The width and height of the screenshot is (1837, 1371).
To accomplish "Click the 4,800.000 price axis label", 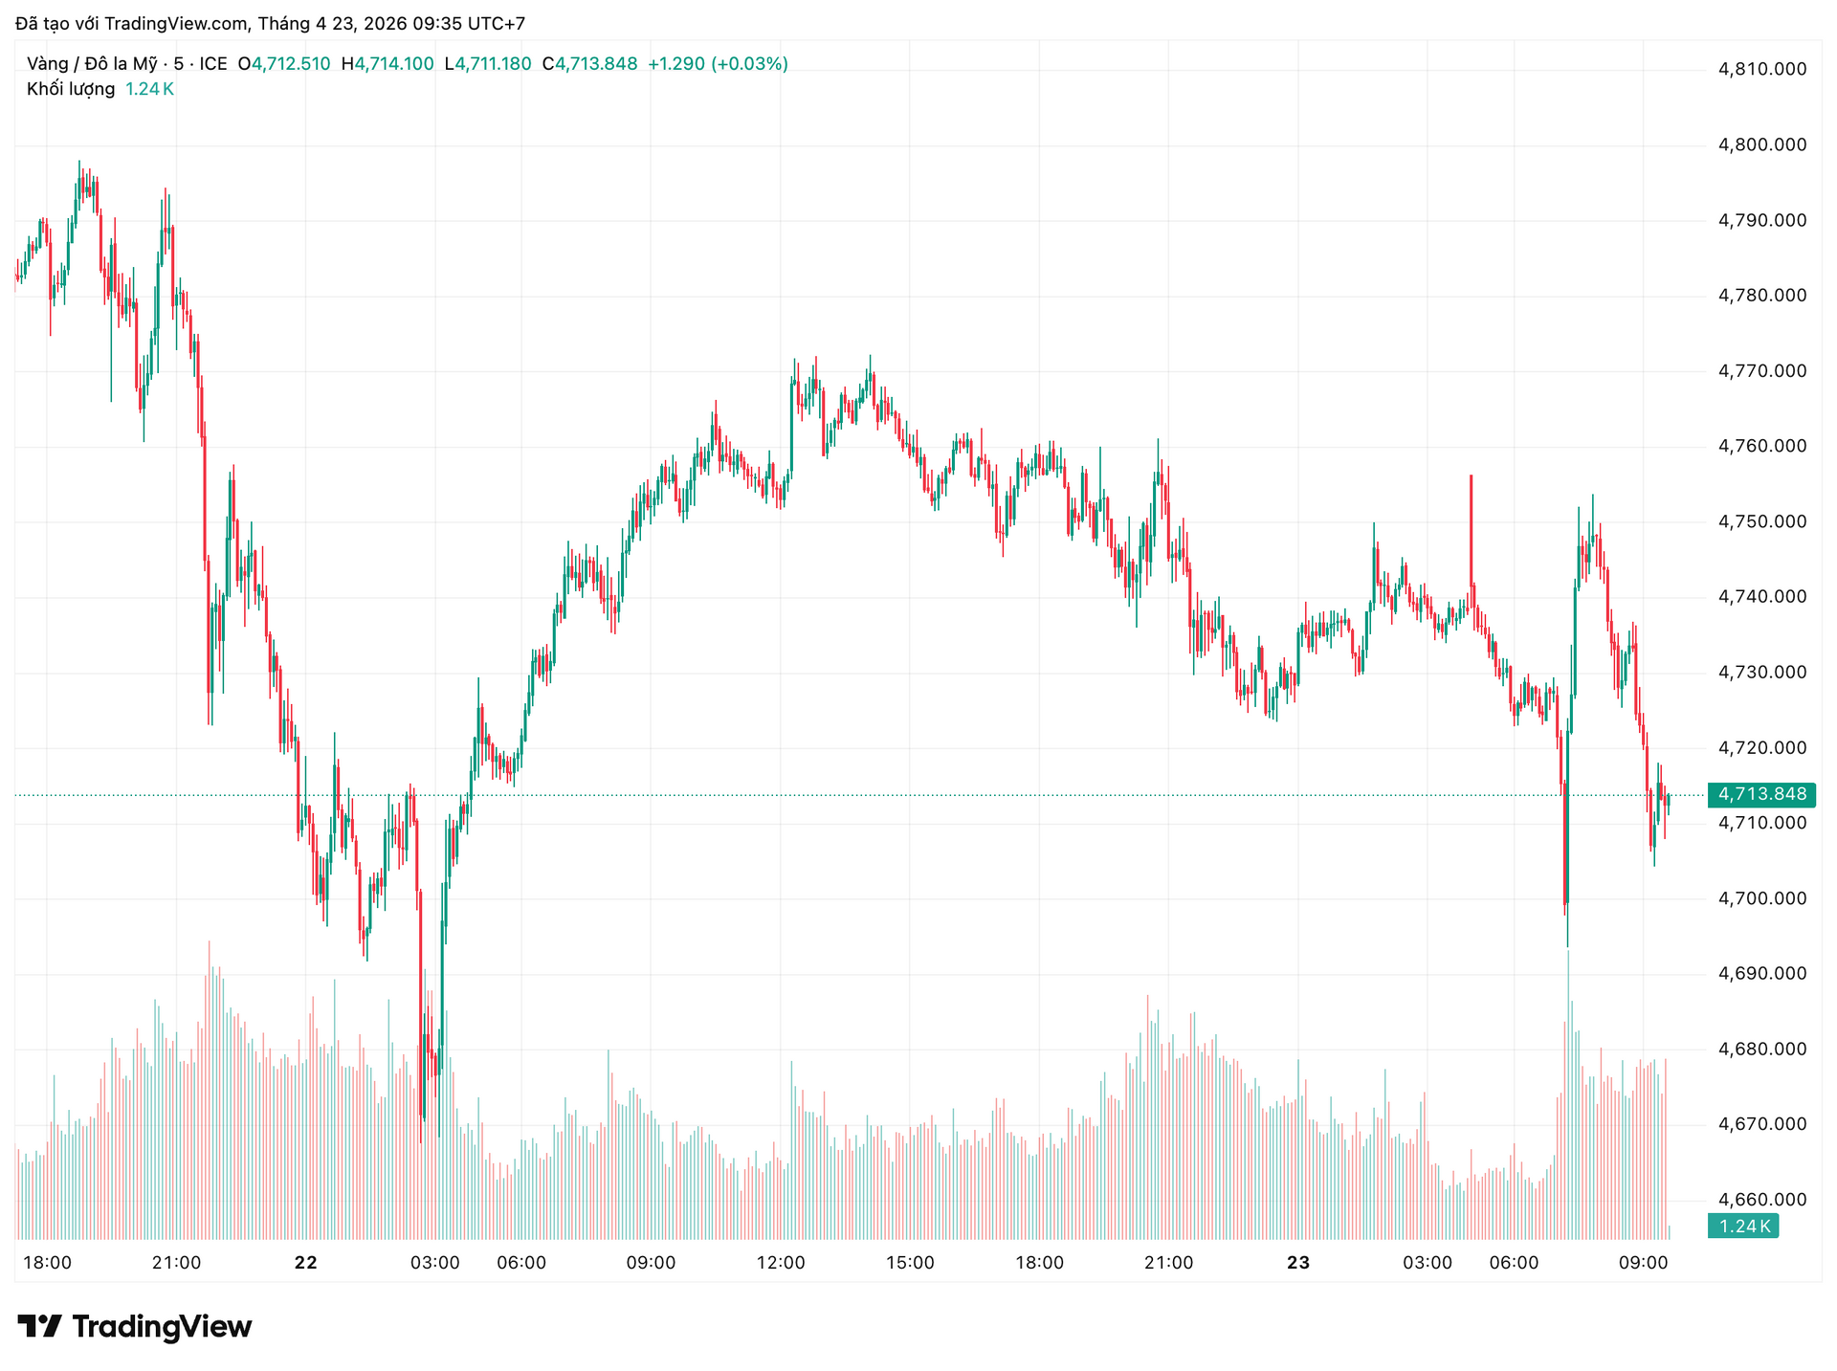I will (1761, 145).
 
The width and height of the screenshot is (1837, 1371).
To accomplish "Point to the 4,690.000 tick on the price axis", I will (1761, 974).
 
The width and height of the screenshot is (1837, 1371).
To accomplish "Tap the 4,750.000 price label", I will (1761, 522).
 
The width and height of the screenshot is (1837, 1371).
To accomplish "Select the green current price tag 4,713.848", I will (1761, 795).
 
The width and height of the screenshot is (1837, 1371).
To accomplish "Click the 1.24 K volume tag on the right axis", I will (1743, 1227).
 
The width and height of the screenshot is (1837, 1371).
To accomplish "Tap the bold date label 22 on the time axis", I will (305, 1263).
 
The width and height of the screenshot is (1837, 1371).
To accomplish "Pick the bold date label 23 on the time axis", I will (1297, 1263).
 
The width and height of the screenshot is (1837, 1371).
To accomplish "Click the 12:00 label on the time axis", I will (781, 1263).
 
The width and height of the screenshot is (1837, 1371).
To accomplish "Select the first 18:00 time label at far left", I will (47, 1263).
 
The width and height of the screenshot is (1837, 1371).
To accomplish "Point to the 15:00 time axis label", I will (910, 1263).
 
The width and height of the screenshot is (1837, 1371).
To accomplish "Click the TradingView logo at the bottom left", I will (135, 1327).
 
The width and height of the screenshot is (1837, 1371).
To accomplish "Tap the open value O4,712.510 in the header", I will (284, 64).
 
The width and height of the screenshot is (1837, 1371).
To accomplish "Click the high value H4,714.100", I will (387, 64).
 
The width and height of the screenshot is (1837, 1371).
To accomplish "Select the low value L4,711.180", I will (488, 64).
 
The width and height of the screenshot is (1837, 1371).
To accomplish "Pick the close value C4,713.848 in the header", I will (589, 64).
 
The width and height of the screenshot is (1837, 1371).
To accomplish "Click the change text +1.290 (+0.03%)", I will (718, 64).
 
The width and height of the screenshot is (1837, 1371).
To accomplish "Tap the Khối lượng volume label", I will (71, 89).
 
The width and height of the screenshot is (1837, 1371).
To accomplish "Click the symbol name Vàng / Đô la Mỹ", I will (92, 64).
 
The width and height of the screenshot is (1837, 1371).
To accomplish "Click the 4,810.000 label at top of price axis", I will (1761, 69).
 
